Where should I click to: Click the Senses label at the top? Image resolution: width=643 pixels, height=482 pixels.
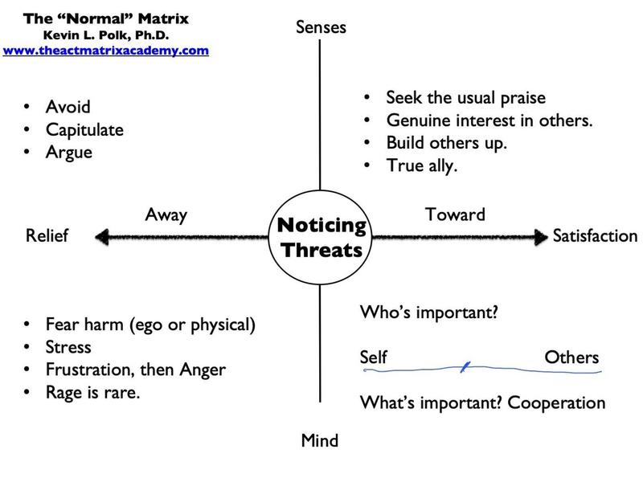[x=321, y=27]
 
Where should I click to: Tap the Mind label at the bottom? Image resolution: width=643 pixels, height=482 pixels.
[x=319, y=440]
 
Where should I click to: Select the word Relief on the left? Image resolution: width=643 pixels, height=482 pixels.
[x=47, y=236]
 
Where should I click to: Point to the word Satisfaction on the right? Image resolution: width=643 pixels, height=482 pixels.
[x=595, y=236]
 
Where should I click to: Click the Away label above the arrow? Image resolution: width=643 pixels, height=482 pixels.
[x=166, y=214]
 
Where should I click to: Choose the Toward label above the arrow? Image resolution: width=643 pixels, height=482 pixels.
[x=455, y=214]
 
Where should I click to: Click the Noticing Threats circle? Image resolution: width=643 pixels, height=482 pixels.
[x=321, y=238]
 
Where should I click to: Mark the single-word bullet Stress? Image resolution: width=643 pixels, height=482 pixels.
[x=68, y=348]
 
